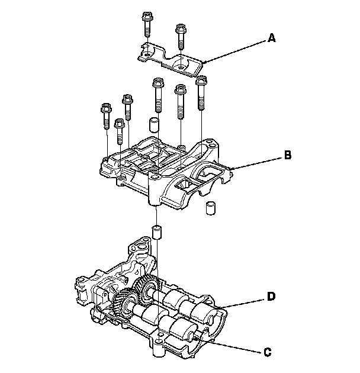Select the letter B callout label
287,155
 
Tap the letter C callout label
268,352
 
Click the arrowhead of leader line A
202,62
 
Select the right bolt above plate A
180,36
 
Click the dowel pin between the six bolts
153,125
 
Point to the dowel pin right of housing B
209,208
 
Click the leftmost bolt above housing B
106,117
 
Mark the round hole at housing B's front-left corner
121,178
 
